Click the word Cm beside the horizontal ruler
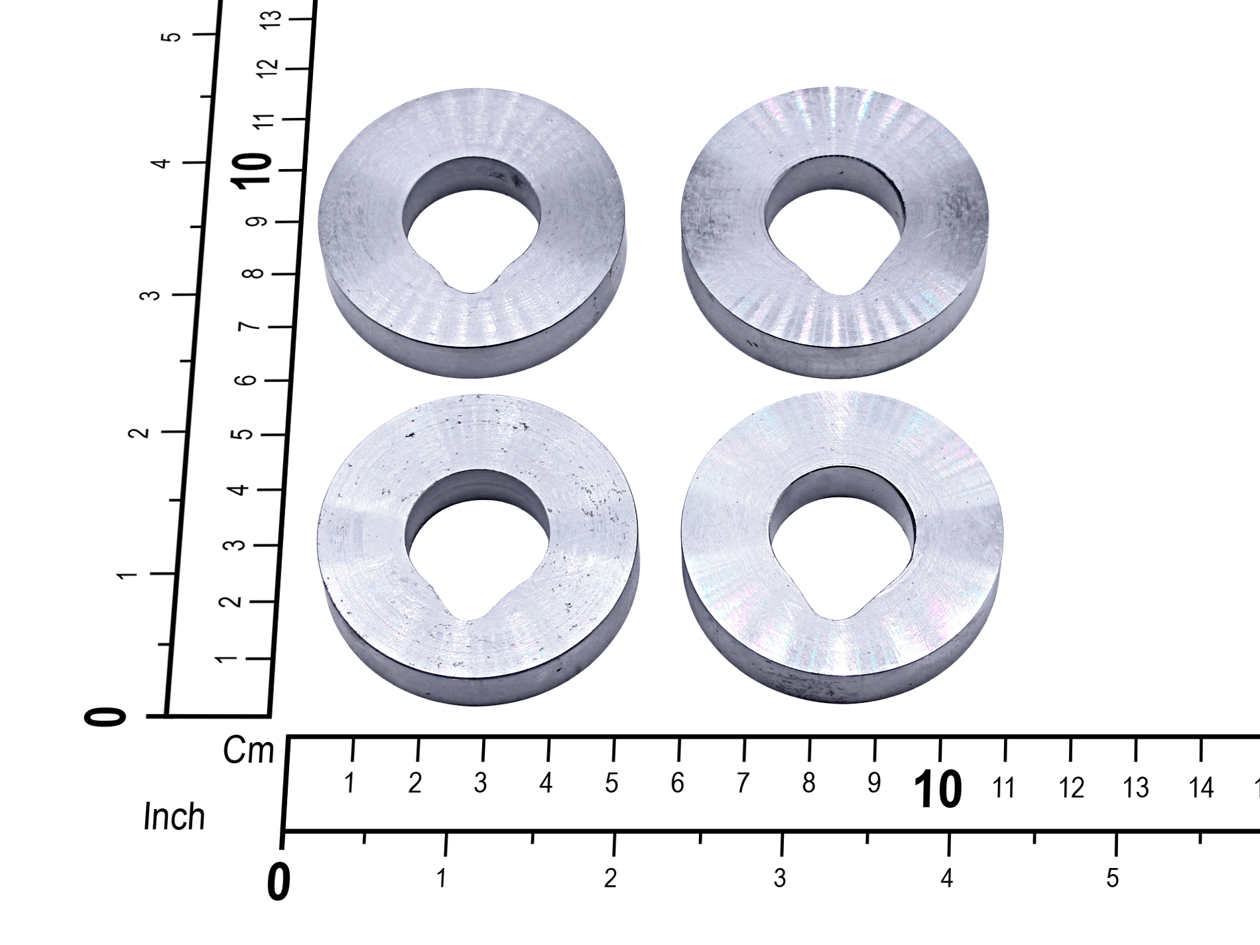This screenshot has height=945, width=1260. coord(248,751)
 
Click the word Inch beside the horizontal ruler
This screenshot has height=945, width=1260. coord(174,817)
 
